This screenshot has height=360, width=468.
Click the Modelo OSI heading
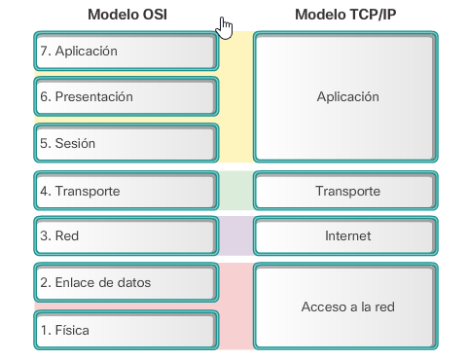(126, 15)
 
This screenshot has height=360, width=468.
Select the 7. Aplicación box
(125, 51)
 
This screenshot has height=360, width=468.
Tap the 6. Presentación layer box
(125, 96)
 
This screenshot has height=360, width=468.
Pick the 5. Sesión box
(125, 143)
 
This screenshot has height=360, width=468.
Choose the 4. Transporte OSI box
(125, 191)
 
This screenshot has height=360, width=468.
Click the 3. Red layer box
(125, 235)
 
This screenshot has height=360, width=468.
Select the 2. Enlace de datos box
(125, 282)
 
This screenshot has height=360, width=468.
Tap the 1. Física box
(125, 330)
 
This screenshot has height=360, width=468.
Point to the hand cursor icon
(227, 27)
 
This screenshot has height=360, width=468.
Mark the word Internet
(347, 236)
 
